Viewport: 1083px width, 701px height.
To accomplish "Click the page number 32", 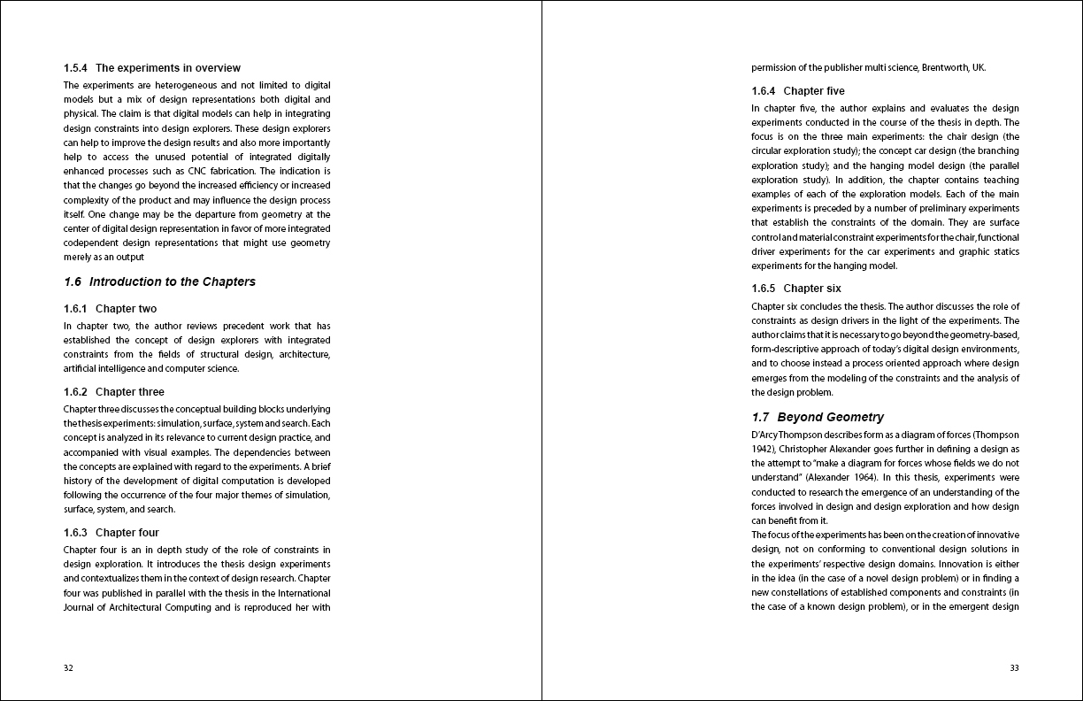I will tap(68, 668).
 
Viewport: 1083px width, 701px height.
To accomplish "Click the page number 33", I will tap(1014, 668).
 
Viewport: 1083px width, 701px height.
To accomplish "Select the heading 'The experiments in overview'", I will tap(167, 68).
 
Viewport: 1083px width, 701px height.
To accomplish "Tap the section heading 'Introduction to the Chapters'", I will tap(172, 281).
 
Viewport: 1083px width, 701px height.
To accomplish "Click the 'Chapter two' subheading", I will tap(126, 309).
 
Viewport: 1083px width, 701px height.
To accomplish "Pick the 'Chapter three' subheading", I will tap(129, 392).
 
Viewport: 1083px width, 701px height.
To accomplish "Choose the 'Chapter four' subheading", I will tap(127, 533).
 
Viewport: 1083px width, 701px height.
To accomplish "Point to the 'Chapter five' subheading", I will tap(814, 91).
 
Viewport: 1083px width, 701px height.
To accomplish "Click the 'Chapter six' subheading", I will tap(812, 289).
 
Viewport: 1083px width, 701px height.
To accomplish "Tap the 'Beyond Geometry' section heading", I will tap(830, 417).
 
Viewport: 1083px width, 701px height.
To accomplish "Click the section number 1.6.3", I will tap(75, 533).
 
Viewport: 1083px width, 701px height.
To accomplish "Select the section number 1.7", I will tap(760, 417).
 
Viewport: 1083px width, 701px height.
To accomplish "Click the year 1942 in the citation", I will tap(762, 449).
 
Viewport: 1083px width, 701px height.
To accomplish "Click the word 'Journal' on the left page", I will tap(81, 607).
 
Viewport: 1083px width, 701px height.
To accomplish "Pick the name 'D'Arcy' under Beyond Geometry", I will tap(765, 435).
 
